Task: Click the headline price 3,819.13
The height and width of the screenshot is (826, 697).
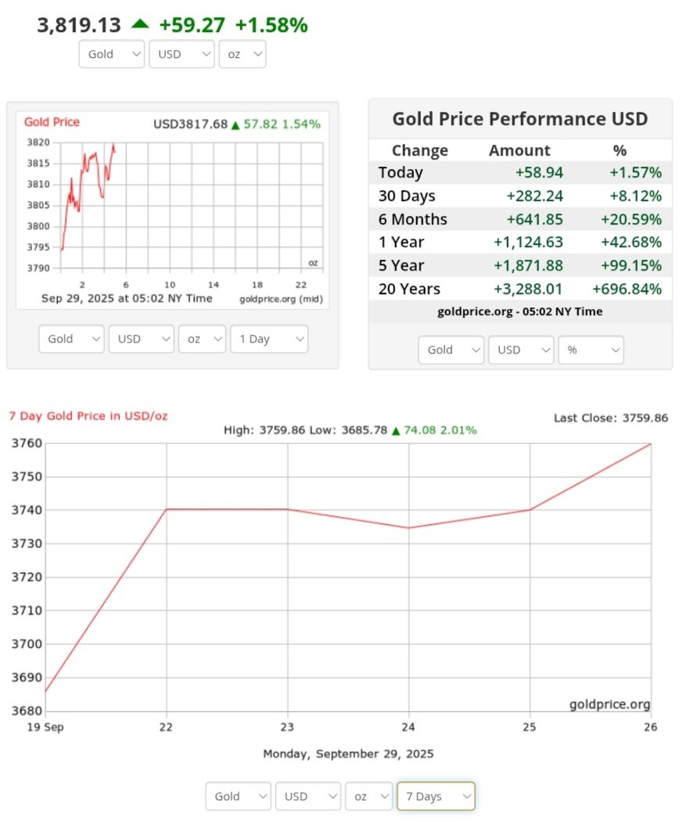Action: click(79, 25)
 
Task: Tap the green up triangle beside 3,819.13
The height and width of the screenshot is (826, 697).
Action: click(140, 24)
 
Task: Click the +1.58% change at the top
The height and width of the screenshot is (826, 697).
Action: click(271, 25)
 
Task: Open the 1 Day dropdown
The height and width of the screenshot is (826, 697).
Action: click(268, 339)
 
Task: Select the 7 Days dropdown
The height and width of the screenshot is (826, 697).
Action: click(435, 796)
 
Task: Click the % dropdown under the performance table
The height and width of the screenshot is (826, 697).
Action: click(590, 350)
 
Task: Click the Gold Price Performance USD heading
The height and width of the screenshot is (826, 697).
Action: click(519, 119)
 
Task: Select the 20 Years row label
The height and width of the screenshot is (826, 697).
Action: click(409, 289)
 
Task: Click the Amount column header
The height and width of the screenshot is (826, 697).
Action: click(519, 150)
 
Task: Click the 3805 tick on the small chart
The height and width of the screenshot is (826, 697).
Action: click(39, 206)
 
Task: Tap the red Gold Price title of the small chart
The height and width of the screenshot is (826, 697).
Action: click(52, 122)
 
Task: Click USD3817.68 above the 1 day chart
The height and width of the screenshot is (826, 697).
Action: click(190, 124)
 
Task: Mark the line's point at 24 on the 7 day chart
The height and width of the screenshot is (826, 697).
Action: click(409, 528)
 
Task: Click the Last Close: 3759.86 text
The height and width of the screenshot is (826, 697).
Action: click(610, 418)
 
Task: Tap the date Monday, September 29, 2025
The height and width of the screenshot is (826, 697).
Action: click(348, 754)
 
